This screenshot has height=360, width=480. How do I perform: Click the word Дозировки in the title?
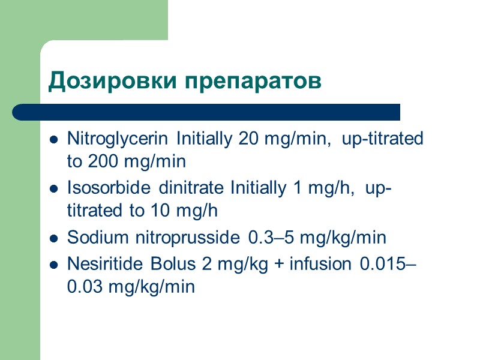99,82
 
